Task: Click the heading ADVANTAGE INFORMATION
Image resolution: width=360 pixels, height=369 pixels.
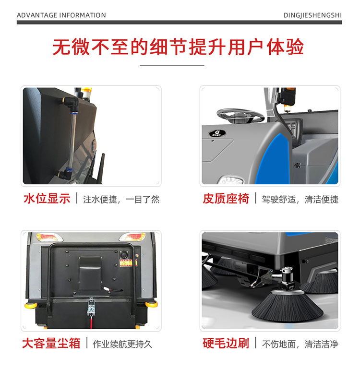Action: coord(61,15)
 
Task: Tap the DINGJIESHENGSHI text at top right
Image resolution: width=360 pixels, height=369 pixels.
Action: coord(312,15)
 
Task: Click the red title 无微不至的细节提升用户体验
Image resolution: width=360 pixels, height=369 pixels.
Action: coord(178,47)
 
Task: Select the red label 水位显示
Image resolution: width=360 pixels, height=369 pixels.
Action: coord(47,198)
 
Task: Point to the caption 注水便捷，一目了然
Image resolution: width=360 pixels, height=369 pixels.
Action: coord(121,199)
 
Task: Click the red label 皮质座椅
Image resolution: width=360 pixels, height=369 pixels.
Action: coord(226,198)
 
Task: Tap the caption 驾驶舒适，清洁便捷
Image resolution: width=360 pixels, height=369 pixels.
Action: coord(300,199)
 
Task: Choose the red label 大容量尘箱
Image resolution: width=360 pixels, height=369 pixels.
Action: coord(51,343)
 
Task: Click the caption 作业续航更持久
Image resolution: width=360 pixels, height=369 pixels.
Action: coord(122,344)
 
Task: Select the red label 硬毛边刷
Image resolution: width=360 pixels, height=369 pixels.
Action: coord(226,343)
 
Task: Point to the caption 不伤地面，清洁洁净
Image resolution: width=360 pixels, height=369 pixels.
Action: coord(300,344)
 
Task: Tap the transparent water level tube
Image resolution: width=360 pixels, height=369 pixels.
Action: coord(72,139)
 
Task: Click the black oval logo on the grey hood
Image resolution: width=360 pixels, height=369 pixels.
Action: coord(217,133)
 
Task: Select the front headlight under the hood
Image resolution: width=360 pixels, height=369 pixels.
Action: coord(231,180)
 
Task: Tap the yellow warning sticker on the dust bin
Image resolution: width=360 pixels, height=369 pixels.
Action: coord(126,263)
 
